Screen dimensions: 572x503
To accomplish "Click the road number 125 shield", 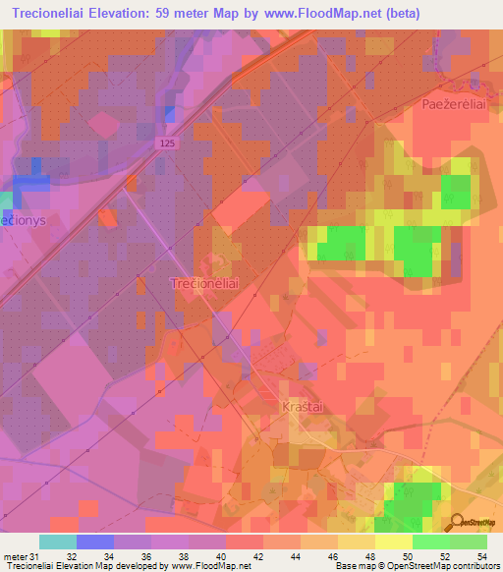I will [x=169, y=143].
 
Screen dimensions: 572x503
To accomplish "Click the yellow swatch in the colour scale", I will [x=393, y=542].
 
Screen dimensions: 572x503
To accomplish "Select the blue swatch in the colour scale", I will [x=95, y=542].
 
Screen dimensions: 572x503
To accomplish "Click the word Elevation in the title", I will [x=121, y=14].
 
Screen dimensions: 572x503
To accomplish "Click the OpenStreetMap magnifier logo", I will [x=458, y=523].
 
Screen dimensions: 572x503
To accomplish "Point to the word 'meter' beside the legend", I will [x=15, y=556].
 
